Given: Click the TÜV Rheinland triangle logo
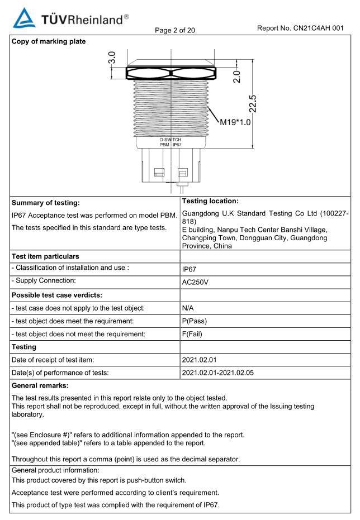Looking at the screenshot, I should (x=23, y=18).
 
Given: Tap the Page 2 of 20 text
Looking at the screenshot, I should (x=176, y=30).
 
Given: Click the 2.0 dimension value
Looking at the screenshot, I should (x=236, y=77).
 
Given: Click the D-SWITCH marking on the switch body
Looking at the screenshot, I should (x=170, y=139).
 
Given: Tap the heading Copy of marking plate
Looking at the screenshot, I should (x=49, y=41).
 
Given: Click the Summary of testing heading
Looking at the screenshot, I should (x=45, y=203).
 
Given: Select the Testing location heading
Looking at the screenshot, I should (x=211, y=201).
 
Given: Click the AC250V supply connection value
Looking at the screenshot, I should (x=195, y=282).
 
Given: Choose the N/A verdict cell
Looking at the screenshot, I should (x=188, y=308).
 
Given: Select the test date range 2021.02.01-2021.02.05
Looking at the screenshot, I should (x=221, y=373).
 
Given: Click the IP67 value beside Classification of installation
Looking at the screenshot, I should (x=190, y=269).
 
